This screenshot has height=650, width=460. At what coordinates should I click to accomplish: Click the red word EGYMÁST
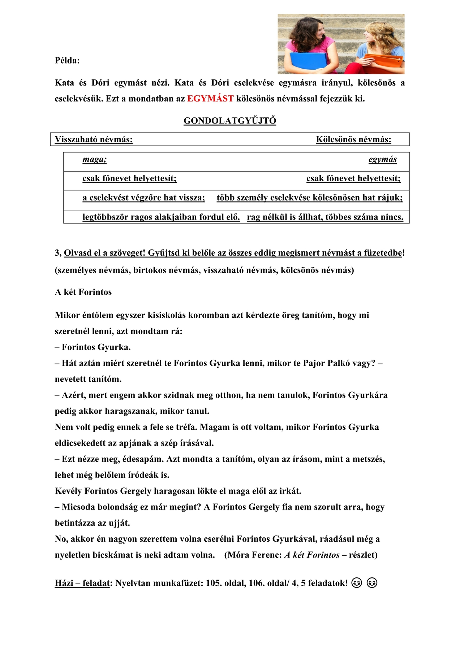210,99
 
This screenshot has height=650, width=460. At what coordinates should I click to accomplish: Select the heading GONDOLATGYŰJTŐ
230,121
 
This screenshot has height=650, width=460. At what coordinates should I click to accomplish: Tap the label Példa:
67,60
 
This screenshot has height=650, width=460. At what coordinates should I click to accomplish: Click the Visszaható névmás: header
94,139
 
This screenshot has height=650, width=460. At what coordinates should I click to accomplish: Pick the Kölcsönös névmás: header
353,139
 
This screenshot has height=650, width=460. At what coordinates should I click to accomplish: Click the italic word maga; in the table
94,159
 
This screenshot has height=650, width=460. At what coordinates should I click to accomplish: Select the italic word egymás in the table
382,159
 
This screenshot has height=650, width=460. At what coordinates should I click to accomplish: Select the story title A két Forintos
83,292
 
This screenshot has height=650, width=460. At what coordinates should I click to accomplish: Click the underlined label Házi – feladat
82,583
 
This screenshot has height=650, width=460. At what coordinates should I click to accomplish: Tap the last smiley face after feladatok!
372,583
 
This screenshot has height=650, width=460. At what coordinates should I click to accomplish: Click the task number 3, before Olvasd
59,253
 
